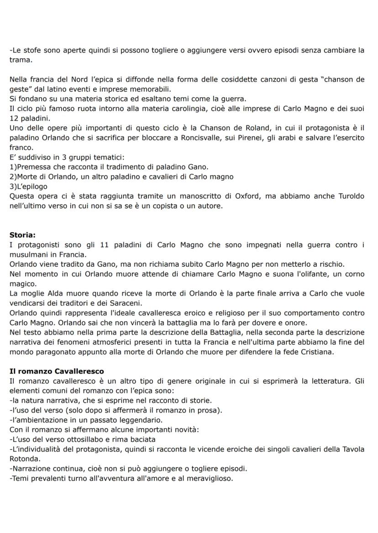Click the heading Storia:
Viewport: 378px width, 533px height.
click(x=22, y=235)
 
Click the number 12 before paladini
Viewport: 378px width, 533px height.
click(x=14, y=118)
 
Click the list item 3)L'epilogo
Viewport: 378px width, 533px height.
click(x=28, y=186)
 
